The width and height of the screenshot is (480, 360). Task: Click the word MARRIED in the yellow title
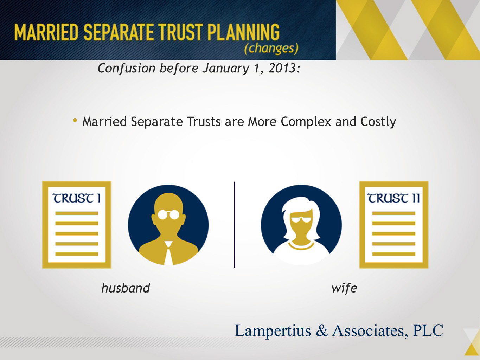click(x=46, y=32)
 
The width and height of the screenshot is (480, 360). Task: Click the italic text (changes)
click(x=271, y=49)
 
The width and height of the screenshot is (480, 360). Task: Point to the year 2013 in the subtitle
click(x=282, y=68)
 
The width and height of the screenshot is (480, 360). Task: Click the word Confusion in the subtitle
click(x=126, y=68)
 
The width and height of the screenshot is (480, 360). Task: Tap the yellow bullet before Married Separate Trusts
click(x=75, y=120)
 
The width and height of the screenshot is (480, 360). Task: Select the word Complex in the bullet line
click(x=306, y=122)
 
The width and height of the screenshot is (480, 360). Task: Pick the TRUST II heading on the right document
click(x=393, y=198)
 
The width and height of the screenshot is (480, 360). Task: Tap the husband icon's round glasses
click(x=168, y=215)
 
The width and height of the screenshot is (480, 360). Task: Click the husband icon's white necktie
click(x=168, y=253)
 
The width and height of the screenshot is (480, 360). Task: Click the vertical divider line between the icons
click(x=235, y=225)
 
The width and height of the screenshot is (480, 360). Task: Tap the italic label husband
click(x=126, y=288)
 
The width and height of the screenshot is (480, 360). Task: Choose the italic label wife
click(x=344, y=288)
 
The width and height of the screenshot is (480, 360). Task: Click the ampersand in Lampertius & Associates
click(x=322, y=330)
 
